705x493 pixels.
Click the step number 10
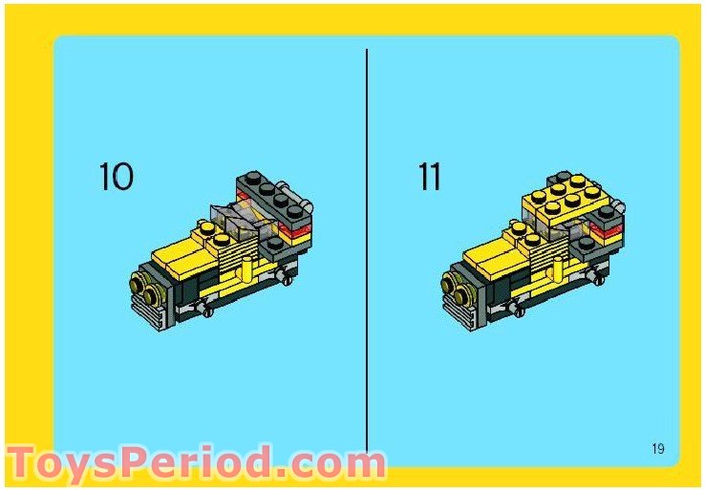117,177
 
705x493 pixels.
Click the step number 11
429,177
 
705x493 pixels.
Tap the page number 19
658,449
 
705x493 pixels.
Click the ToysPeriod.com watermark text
196,463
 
